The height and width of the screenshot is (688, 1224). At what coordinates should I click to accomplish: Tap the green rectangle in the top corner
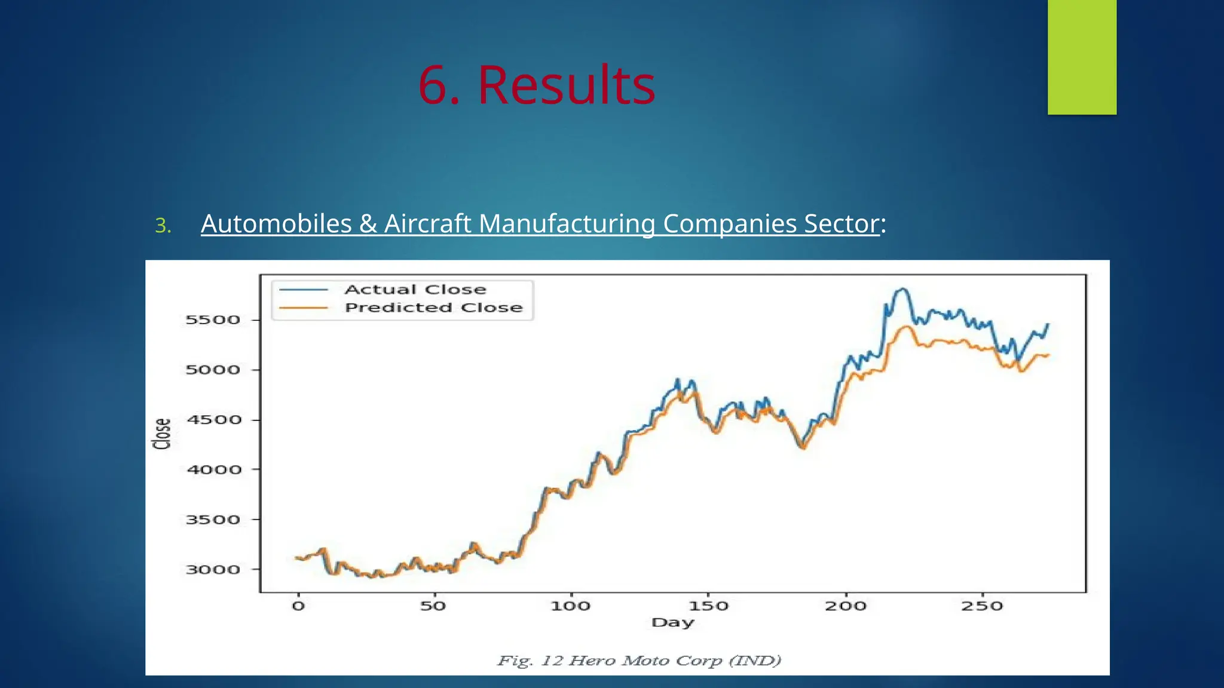(1082, 57)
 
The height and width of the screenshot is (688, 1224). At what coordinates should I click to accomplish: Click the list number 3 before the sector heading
(163, 226)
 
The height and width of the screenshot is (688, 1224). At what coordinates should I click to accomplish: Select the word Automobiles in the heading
(276, 224)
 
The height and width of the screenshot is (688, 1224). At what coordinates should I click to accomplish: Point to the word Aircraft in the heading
(428, 224)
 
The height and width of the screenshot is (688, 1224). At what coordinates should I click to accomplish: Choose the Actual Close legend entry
(415, 290)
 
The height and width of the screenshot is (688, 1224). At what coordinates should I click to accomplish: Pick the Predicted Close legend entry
(433, 308)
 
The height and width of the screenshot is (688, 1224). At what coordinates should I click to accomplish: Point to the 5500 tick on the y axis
(213, 320)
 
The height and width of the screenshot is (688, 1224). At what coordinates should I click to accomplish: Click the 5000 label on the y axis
(213, 370)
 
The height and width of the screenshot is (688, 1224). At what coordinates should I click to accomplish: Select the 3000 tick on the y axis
(213, 570)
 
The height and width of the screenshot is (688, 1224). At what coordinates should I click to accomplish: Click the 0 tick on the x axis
(298, 606)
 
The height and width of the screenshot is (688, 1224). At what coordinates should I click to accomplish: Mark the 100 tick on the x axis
(570, 606)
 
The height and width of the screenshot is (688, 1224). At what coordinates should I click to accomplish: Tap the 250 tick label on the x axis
(982, 606)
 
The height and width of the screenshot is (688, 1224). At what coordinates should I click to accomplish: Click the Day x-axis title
(673, 622)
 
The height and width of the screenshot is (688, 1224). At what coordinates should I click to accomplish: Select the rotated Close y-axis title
(162, 434)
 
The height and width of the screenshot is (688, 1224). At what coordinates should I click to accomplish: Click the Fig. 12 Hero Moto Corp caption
(639, 661)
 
